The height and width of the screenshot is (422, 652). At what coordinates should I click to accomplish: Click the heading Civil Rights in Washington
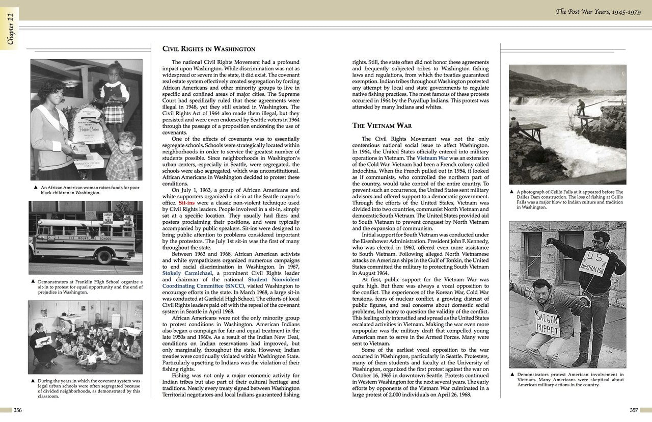coord(208,49)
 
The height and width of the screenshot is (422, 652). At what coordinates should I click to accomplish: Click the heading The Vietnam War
coord(382,125)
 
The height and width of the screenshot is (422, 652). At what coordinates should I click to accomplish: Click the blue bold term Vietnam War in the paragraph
coord(432,158)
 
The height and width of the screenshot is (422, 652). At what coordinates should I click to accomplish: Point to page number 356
coord(17,410)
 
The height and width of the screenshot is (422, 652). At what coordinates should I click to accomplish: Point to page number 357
coord(634,410)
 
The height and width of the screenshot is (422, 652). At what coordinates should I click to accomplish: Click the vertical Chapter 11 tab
coord(10,29)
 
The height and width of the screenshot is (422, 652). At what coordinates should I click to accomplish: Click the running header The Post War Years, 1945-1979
coord(599,11)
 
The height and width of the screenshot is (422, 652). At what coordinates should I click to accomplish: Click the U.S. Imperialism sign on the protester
coord(592,262)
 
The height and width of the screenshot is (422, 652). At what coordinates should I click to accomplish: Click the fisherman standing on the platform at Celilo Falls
coord(581,108)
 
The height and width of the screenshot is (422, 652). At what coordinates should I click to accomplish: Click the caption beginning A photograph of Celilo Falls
coord(569,200)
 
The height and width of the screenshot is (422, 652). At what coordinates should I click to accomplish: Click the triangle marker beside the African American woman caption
coord(35,188)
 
